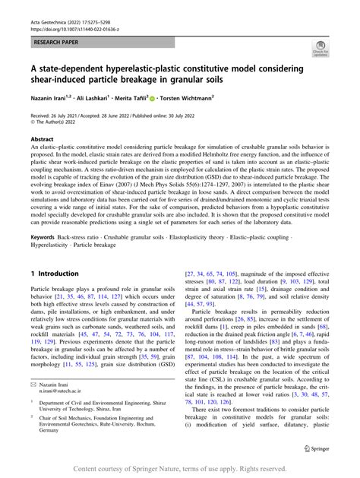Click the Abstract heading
click(42, 140)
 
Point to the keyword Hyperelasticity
click(52, 245)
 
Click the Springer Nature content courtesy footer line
click(179, 468)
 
